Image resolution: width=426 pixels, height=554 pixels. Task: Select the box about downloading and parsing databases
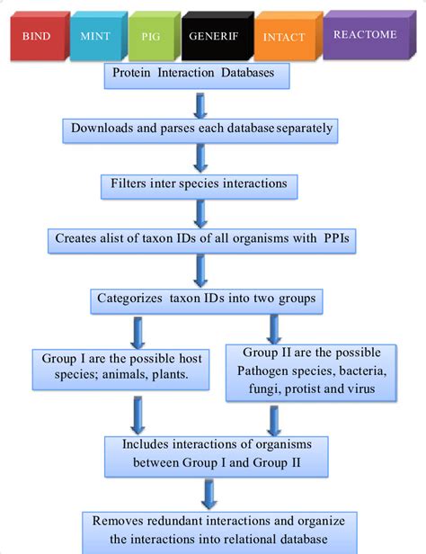[202, 128]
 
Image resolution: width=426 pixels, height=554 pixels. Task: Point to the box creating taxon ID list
[206, 239]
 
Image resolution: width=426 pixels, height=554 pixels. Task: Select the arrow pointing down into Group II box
[271, 325]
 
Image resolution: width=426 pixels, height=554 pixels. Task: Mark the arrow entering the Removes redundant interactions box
[209, 493]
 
